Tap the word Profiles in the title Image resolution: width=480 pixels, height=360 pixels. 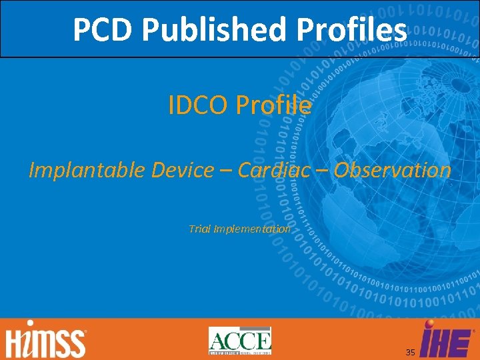[353, 29]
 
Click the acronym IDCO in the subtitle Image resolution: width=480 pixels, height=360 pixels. [197, 105]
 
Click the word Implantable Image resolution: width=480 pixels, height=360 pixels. [87, 171]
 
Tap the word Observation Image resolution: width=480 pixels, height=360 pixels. [393, 170]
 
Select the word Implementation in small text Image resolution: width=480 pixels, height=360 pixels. [251, 229]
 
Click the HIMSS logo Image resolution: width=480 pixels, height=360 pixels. [46, 341]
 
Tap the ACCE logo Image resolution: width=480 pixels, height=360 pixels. [240, 341]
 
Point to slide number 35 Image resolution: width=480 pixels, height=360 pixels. [410, 351]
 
